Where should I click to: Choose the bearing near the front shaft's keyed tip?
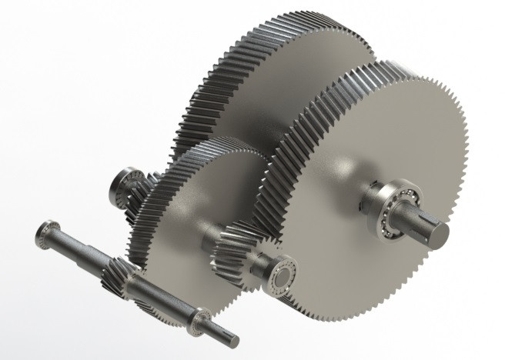202,318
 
